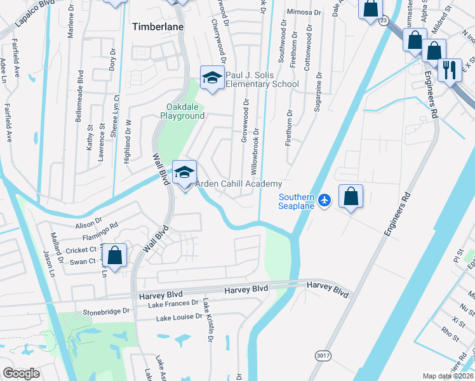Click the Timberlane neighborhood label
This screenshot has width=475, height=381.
click(x=157, y=27)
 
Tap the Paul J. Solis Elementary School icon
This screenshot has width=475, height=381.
click(x=212, y=77)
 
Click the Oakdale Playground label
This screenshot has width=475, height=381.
click(x=185, y=111)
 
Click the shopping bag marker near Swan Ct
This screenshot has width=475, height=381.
click(x=115, y=256)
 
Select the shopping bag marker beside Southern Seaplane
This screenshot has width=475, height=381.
click(x=351, y=197)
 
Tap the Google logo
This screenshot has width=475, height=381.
click(x=21, y=373)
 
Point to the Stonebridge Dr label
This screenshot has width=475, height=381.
click(x=106, y=312)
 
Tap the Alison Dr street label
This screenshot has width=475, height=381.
click(x=89, y=224)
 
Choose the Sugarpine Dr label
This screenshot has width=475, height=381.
click(x=319, y=93)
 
